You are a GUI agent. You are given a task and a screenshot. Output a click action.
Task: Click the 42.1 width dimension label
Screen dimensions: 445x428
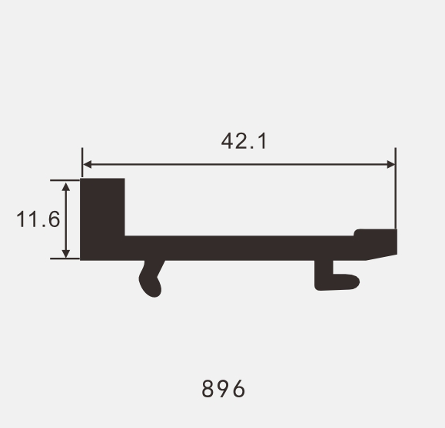[244, 141]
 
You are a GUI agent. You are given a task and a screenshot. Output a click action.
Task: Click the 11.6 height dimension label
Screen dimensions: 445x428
[38, 219]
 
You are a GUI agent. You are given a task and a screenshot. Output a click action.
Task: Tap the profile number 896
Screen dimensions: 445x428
[224, 389]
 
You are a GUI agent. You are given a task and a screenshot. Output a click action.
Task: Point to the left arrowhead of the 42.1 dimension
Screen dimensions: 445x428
[87, 164]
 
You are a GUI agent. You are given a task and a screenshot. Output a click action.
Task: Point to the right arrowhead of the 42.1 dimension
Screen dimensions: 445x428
[390, 164]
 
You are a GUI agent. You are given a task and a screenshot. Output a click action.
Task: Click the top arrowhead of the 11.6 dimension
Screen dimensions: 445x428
[66, 186]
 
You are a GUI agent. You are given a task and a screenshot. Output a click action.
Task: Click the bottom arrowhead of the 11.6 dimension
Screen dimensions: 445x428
[66, 254]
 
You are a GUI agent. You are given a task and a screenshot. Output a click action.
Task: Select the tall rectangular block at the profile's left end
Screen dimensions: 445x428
[102, 219]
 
